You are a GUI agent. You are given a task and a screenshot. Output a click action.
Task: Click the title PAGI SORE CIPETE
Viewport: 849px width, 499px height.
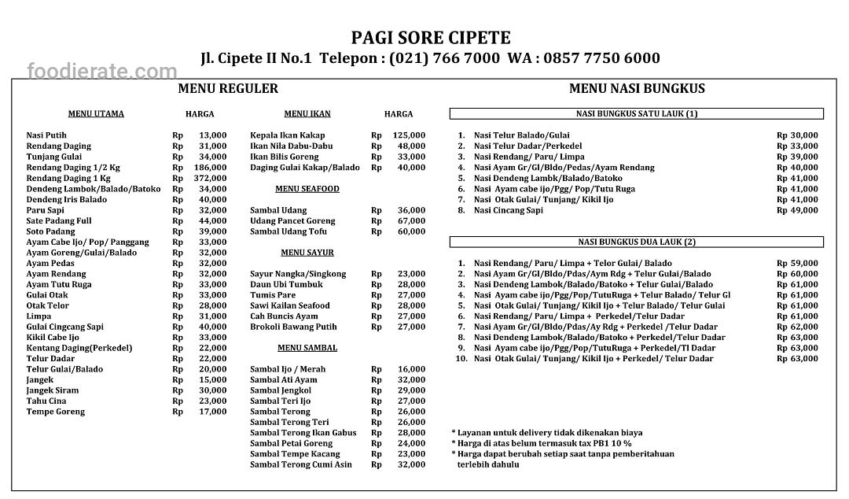click(430, 38)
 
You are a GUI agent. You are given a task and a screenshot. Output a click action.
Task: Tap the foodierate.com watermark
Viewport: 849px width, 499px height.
click(102, 72)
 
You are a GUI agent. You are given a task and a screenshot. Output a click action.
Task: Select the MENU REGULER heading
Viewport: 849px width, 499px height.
click(228, 88)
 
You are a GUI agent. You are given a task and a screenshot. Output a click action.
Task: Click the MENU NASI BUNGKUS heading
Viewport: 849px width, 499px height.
click(637, 88)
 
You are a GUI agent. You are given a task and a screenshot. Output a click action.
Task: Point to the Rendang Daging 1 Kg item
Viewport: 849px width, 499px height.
click(70, 178)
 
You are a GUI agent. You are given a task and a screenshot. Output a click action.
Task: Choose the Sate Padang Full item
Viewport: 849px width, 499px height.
click(59, 221)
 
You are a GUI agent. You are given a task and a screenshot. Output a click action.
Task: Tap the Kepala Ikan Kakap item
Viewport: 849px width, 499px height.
click(287, 135)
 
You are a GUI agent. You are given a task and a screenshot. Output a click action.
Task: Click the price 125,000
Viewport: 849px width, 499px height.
click(409, 135)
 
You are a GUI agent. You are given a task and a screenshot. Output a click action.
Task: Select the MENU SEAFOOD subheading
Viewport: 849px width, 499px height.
click(307, 189)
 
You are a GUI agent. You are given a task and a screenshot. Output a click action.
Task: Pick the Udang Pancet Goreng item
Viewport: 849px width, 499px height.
click(292, 221)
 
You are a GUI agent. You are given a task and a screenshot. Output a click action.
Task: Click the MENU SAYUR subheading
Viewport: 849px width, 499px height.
click(307, 253)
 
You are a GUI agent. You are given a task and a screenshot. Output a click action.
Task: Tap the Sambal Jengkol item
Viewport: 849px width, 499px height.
click(281, 390)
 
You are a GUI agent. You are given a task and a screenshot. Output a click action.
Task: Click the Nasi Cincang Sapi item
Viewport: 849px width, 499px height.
click(508, 210)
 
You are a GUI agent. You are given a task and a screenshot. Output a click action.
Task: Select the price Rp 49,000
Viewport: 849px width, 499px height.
click(797, 210)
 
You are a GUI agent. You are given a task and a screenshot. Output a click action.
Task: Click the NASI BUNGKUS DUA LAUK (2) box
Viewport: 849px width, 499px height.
click(637, 242)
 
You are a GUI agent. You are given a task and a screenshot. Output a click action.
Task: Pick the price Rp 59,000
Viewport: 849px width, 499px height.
click(797, 264)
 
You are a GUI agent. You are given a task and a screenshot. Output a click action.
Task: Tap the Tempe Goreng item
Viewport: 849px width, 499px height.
click(55, 412)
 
